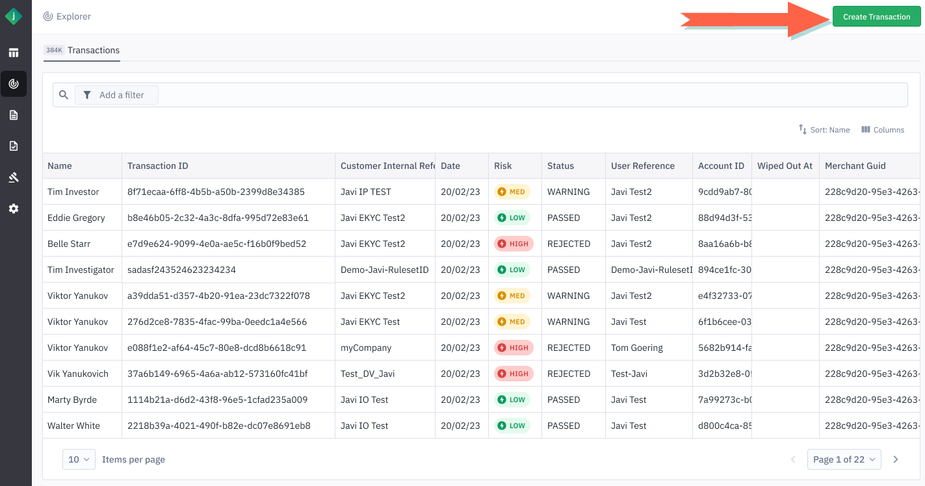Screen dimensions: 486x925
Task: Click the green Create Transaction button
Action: [x=876, y=17]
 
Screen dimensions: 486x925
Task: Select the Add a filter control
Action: [x=117, y=95]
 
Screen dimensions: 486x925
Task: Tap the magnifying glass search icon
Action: [x=64, y=95]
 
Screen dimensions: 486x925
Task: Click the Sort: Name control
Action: [x=824, y=130]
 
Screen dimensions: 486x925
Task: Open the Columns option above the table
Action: [x=883, y=130]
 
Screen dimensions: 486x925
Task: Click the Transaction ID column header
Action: [x=158, y=166]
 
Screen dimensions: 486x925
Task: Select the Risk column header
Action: [x=503, y=166]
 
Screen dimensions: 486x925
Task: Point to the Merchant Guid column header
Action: [x=855, y=166]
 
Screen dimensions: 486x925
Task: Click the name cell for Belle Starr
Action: [x=69, y=244]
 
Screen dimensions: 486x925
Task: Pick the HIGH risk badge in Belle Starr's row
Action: [x=514, y=244]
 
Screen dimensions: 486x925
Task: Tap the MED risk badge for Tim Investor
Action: [x=512, y=192]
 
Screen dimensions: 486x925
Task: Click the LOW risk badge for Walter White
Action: [x=512, y=426]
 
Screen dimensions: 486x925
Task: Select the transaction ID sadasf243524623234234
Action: [x=181, y=270]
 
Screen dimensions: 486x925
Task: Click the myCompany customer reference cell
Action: [x=366, y=348]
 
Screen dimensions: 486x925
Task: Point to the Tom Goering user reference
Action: [x=637, y=348]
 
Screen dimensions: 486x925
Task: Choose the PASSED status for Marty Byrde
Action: [x=564, y=400]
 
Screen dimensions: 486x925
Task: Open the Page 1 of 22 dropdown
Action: [x=844, y=459]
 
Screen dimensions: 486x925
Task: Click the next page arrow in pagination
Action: [x=896, y=459]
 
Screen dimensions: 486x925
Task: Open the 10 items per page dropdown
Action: [x=79, y=459]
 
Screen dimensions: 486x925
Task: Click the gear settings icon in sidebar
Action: [x=14, y=209]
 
